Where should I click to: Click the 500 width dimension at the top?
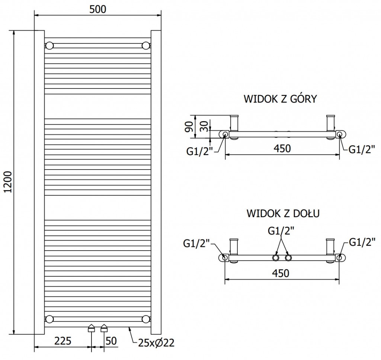pos(98,9)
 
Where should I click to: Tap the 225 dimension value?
pos(63,341)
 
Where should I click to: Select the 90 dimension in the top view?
pos(189,126)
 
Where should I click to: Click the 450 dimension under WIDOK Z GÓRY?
pos(282,148)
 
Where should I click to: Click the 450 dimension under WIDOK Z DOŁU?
pos(281,273)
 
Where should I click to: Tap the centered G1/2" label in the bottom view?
pos(281,231)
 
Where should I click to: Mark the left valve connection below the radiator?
pos(91,328)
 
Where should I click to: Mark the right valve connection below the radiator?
pos(104,328)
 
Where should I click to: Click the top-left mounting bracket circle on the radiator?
pos(49,46)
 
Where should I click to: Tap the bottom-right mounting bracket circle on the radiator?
pos(146,319)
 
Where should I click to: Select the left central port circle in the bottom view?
pos(275,258)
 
